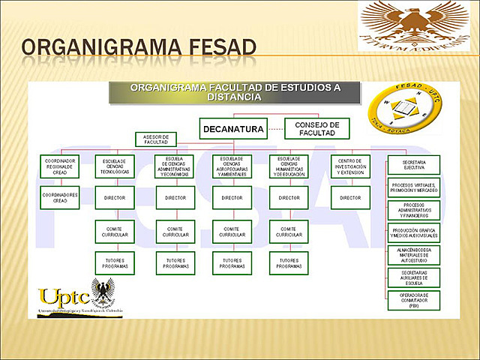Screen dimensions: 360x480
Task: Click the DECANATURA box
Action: coord(235,129)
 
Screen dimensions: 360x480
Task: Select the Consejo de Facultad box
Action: coord(317,128)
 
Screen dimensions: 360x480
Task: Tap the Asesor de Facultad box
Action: coord(155,139)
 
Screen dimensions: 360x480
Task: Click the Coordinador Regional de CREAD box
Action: coord(60,166)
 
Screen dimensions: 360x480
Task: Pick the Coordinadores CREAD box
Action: coord(60,198)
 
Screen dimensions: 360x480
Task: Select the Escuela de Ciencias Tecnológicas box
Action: coord(115,166)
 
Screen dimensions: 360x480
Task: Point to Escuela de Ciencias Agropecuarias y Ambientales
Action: coord(232,166)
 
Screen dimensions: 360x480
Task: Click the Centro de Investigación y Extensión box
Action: coord(350,166)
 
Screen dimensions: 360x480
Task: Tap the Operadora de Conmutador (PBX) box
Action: coord(412,301)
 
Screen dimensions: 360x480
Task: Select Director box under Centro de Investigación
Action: coord(350,198)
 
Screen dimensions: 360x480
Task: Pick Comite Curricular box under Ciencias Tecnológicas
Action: coord(115,232)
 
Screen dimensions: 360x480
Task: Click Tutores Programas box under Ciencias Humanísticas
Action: coord(289,263)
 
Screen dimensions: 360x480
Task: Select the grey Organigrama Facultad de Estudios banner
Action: coord(235,92)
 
